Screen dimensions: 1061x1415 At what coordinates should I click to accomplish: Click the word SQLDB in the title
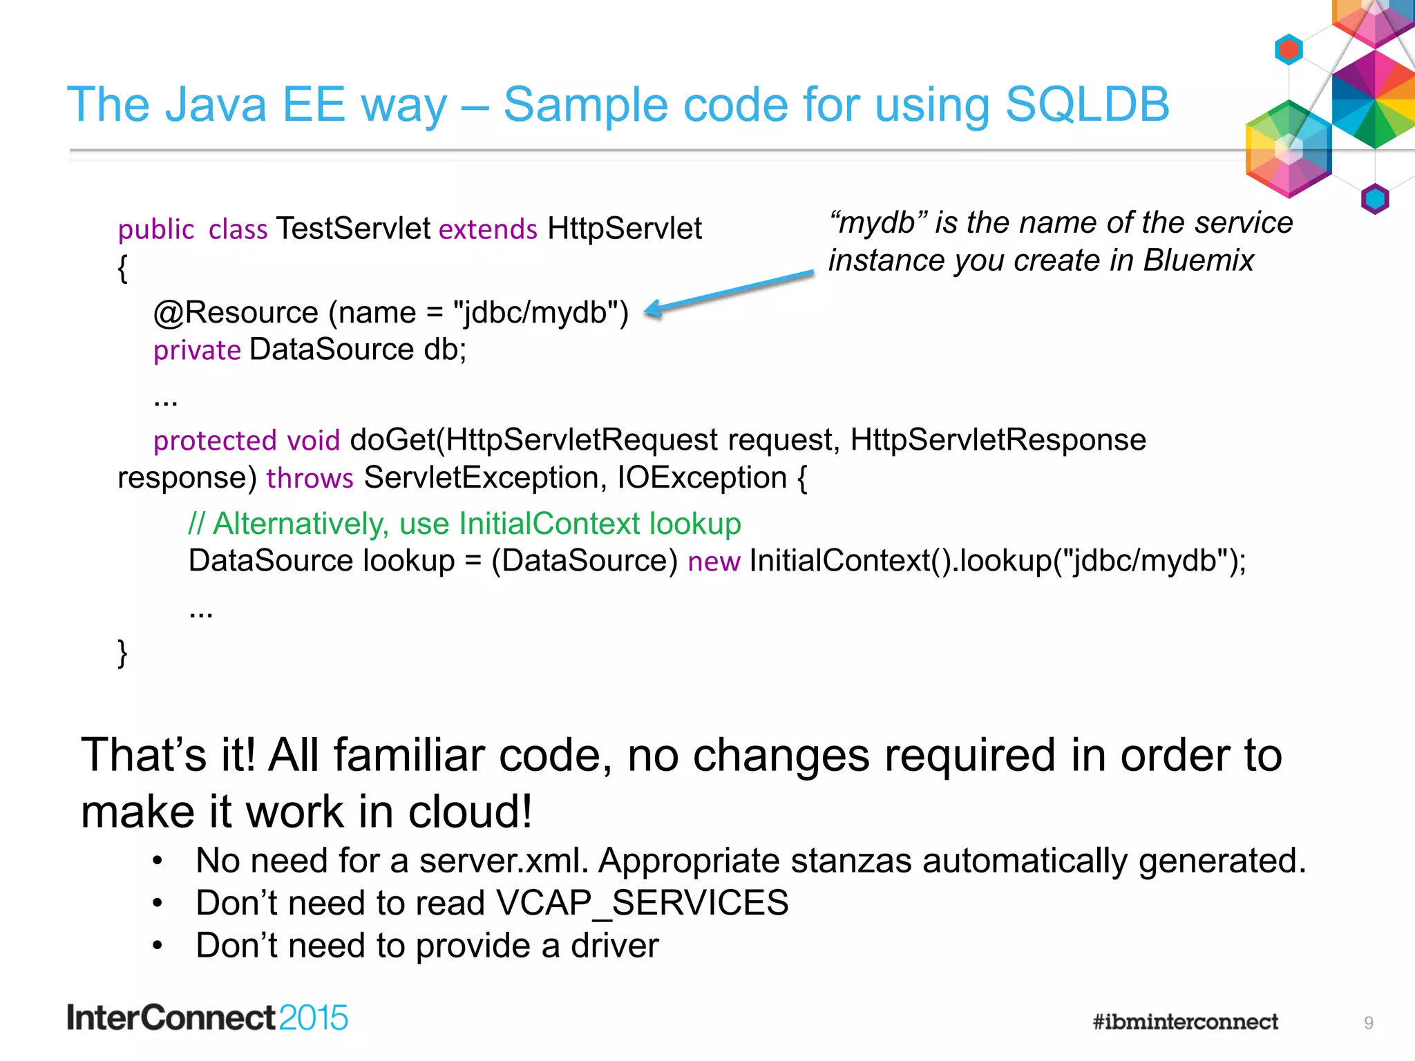(1087, 105)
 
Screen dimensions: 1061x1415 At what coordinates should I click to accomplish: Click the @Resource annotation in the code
(236, 313)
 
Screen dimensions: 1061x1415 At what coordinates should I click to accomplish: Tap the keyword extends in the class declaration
(488, 229)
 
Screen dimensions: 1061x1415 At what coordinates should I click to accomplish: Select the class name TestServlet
(353, 229)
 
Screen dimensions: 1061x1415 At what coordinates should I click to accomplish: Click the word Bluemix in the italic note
(1198, 260)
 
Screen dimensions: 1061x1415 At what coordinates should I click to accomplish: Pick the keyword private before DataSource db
(197, 350)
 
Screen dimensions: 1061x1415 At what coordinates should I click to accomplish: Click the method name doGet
(392, 440)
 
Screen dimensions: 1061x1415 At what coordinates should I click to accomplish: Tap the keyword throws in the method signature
(310, 478)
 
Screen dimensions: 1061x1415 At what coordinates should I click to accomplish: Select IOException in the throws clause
(702, 478)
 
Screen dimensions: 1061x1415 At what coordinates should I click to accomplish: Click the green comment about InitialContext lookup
(464, 524)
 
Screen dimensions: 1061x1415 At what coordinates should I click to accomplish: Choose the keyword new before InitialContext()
(714, 561)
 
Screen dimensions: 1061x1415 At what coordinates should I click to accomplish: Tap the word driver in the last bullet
(614, 946)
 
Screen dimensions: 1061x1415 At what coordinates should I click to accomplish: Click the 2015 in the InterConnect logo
(313, 1018)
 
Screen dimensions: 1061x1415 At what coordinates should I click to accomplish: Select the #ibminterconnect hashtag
(1185, 1022)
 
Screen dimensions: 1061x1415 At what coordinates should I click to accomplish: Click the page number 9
(1368, 1023)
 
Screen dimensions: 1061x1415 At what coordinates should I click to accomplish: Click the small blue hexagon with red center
(1289, 49)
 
